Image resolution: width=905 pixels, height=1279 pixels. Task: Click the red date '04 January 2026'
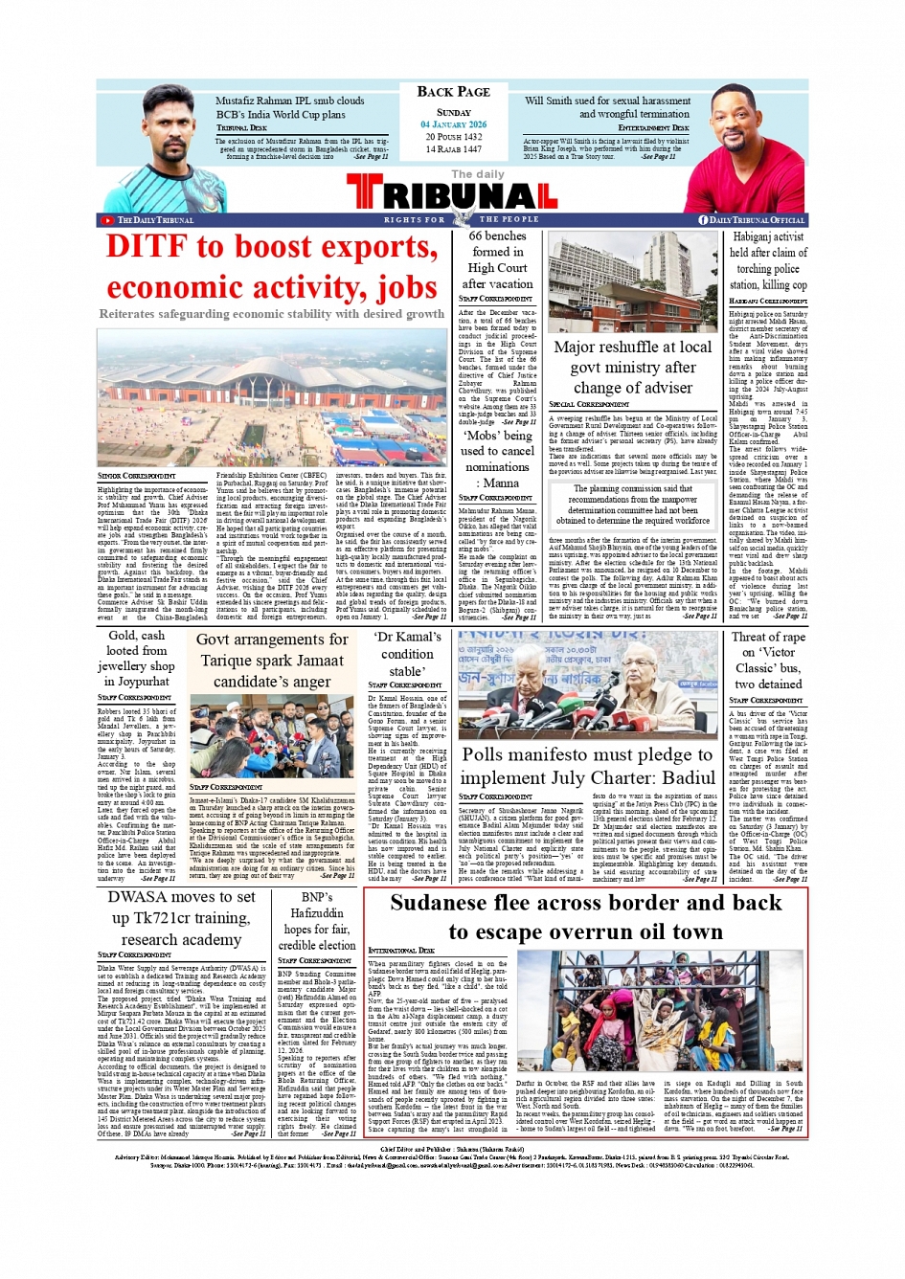point(453,124)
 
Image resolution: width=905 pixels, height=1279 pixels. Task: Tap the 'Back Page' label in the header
point(453,92)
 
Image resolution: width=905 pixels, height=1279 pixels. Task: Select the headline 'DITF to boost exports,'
point(272,247)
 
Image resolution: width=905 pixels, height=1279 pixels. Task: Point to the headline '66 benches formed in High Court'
point(497,259)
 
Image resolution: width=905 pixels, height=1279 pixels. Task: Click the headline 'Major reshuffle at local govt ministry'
point(632,368)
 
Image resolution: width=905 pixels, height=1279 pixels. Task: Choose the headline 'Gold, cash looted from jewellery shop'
point(136,658)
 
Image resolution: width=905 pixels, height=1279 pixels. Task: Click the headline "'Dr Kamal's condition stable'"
point(407,654)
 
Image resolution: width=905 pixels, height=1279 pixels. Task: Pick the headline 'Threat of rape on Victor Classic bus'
point(767,661)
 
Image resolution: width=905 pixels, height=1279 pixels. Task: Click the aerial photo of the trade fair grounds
point(272,394)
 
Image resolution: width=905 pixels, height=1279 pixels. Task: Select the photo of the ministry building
point(632,281)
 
